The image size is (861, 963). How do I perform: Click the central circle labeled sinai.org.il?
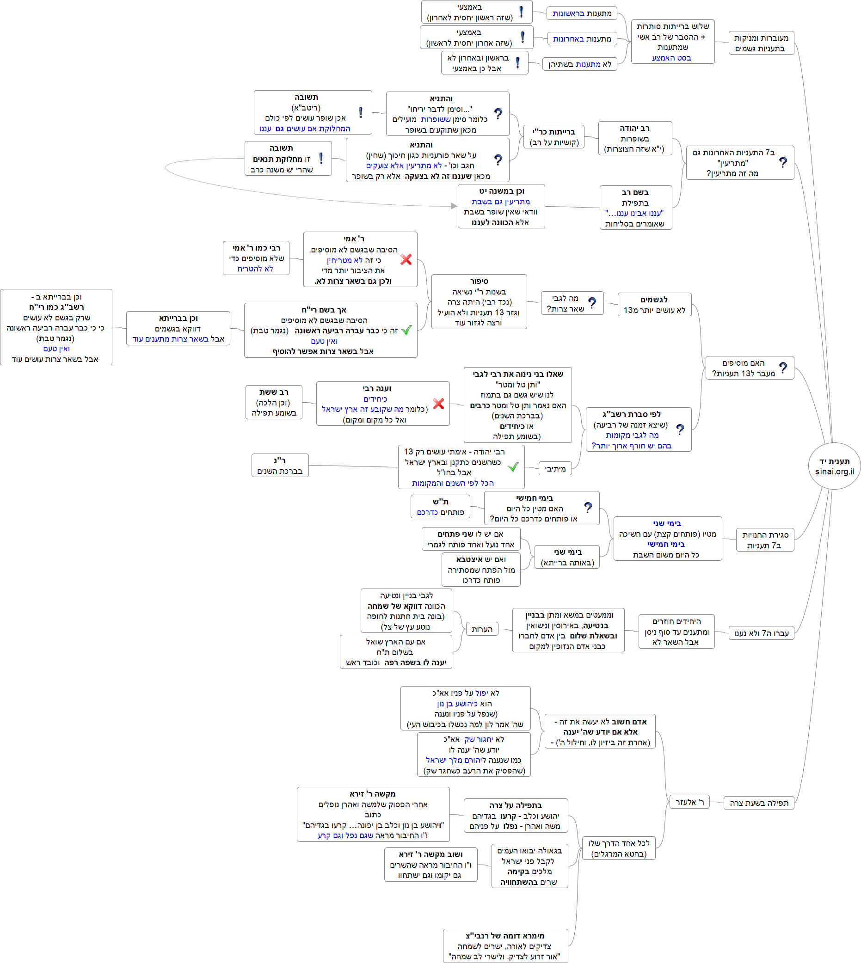835,466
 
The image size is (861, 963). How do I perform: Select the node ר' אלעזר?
689,802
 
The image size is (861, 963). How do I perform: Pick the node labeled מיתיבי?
555,469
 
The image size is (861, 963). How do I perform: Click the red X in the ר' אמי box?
406,259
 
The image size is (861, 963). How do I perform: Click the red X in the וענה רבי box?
438,404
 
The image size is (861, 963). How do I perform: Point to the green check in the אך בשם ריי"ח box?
406,330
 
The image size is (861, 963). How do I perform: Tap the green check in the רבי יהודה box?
513,467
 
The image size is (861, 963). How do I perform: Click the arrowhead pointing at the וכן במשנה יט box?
454,206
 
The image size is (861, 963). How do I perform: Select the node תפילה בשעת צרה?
759,803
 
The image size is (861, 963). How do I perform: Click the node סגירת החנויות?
765,540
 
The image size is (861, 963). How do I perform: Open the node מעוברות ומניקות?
761,43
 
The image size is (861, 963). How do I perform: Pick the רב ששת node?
274,403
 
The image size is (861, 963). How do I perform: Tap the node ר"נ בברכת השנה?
280,466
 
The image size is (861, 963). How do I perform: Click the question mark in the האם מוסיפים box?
783,368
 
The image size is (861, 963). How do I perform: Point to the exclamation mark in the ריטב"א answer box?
361,112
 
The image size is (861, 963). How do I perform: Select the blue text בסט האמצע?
671,58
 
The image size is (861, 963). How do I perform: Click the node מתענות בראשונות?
582,13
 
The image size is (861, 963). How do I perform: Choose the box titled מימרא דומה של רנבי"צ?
505,946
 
